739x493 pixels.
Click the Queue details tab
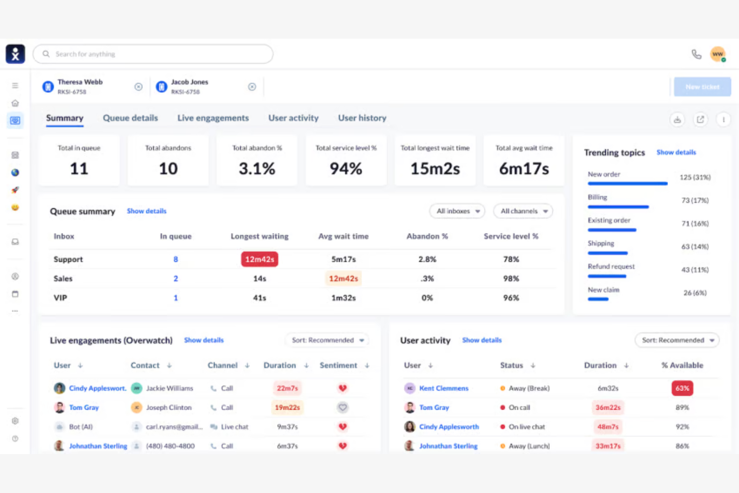130,118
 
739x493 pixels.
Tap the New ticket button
702,87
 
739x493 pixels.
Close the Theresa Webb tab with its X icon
138,87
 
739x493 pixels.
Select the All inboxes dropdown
457,211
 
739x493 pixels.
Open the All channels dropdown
523,211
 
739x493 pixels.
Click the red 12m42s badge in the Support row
259,259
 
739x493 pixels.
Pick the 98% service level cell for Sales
511,279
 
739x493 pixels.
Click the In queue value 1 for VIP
176,298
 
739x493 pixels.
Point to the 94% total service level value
346,169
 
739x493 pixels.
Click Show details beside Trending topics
676,152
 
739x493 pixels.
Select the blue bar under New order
627,184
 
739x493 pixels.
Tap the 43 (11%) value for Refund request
695,270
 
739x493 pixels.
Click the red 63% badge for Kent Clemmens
682,388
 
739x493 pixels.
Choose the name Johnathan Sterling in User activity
448,446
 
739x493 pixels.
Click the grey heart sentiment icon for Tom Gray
343,408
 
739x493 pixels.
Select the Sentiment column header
339,366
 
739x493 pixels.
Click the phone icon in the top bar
696,54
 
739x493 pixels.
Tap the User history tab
362,118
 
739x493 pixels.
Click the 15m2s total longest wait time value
435,169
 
